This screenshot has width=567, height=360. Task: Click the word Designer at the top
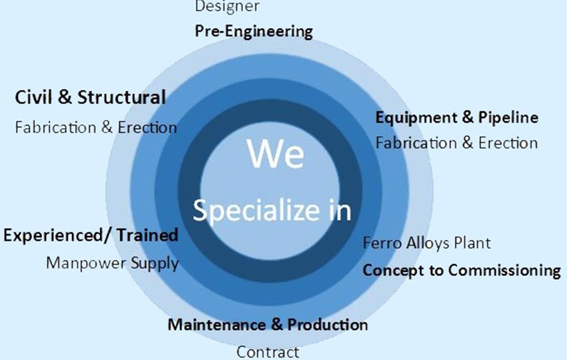pyautogui.click(x=227, y=6)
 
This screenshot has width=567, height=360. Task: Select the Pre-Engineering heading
pyautogui.click(x=254, y=32)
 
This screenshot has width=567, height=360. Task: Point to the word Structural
pyautogui.click(x=121, y=97)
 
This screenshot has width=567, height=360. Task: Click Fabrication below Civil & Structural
pyautogui.click(x=56, y=127)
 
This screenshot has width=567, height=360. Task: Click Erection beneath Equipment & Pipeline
pyautogui.click(x=508, y=143)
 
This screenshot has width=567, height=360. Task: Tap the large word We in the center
pyautogui.click(x=276, y=154)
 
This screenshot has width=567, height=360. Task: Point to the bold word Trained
pyautogui.click(x=147, y=235)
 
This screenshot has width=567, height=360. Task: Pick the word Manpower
pyautogui.click(x=86, y=263)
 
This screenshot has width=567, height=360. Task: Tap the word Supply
pyautogui.click(x=155, y=264)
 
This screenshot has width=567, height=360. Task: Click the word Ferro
pyautogui.click(x=382, y=243)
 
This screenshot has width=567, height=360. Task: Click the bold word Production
pyautogui.click(x=328, y=325)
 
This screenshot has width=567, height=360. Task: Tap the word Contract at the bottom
pyautogui.click(x=268, y=352)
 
